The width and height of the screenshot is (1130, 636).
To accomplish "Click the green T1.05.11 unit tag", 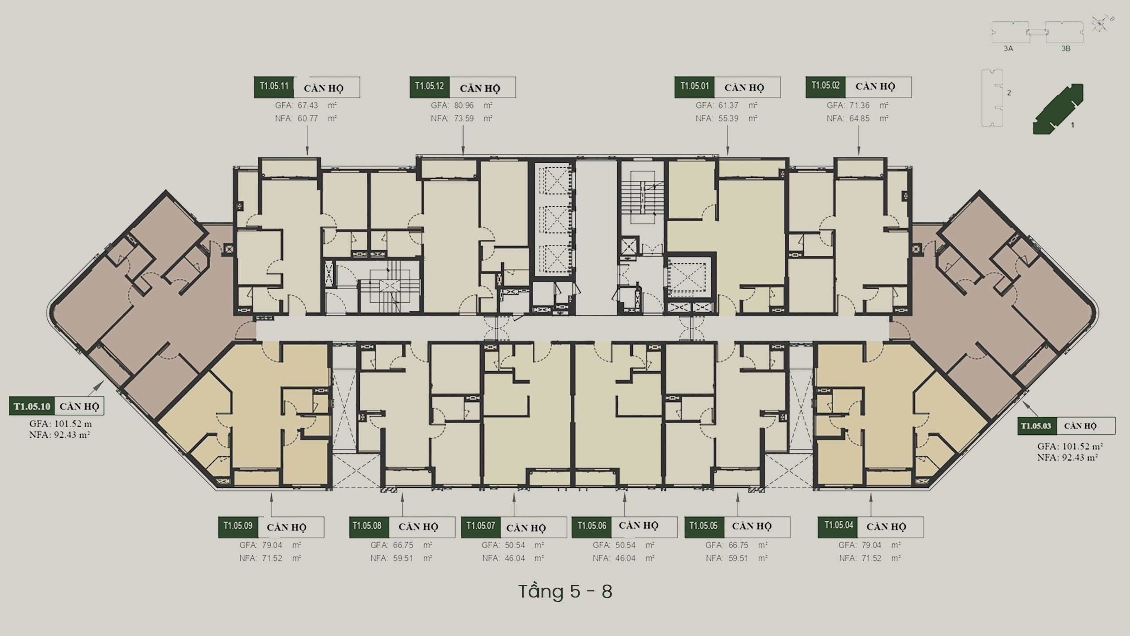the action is (x=274, y=87).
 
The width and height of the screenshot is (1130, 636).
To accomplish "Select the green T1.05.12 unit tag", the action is (x=429, y=87).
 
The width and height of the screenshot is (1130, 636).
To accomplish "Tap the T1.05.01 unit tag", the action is (x=694, y=87).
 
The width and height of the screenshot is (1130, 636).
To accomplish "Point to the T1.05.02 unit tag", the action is (x=826, y=87).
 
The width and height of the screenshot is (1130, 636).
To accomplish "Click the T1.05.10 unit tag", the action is (x=32, y=406).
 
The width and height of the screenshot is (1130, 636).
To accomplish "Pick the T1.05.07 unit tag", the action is (x=480, y=527).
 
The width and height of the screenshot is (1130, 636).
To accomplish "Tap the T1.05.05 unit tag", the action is (x=704, y=527).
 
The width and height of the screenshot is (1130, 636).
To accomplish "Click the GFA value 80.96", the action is (x=464, y=106).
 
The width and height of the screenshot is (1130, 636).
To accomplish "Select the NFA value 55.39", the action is (x=728, y=118).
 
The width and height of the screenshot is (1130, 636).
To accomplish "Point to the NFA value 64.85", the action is (x=859, y=118).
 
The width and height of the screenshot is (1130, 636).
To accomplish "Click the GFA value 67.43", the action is (x=308, y=106).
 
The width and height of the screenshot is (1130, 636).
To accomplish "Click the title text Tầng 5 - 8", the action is (x=565, y=591).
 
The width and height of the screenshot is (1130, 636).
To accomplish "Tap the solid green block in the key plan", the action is (x=1058, y=109).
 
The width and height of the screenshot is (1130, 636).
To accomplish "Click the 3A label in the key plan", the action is (x=1009, y=48).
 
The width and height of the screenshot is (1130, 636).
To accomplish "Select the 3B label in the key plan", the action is (x=1066, y=48).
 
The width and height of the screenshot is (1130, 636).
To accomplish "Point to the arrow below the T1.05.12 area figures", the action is (x=463, y=140).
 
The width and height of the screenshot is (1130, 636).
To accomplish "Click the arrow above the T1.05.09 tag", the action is (x=271, y=505).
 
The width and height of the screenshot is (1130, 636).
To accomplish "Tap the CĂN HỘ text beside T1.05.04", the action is (x=886, y=527).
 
